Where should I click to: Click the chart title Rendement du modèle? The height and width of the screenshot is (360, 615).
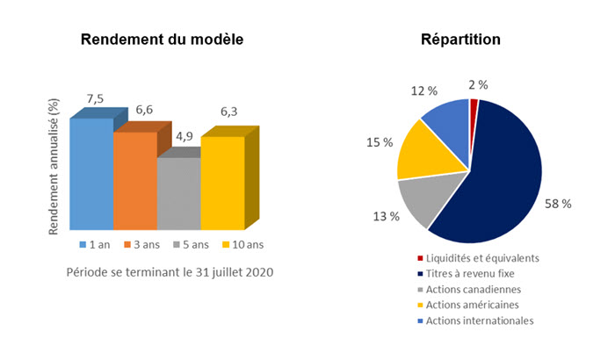[x=163, y=40]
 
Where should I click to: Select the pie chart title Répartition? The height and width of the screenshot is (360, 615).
[x=460, y=40]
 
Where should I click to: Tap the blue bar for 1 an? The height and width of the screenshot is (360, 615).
[x=90, y=171]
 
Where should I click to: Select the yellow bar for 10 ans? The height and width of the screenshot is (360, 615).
[x=222, y=180]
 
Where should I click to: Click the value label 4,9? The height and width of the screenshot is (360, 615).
[x=184, y=137]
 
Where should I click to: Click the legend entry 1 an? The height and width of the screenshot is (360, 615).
[x=94, y=244]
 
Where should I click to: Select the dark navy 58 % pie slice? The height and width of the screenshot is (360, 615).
[x=501, y=176]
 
